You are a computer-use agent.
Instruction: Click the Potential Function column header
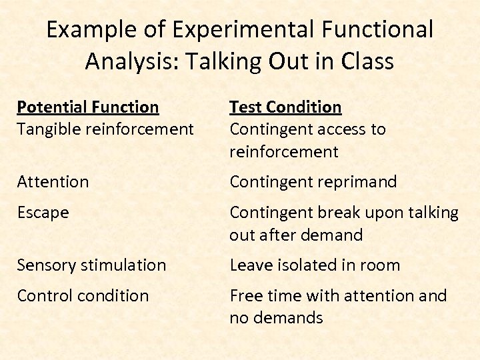tap(88, 107)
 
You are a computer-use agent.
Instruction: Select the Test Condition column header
tap(285, 107)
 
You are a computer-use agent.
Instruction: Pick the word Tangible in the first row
tap(47, 129)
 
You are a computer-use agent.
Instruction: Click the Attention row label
tap(53, 181)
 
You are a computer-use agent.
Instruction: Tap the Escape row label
tap(43, 213)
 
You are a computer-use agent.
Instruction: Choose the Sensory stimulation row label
tap(91, 265)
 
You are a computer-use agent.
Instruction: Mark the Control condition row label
tap(83, 295)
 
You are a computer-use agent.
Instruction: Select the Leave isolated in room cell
tap(315, 265)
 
